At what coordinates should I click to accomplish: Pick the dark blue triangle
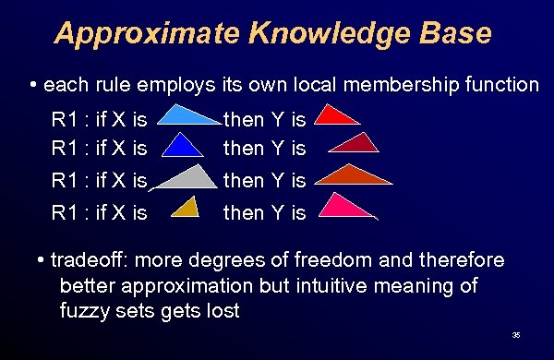click(186, 148)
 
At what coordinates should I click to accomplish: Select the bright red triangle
click(339, 116)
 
